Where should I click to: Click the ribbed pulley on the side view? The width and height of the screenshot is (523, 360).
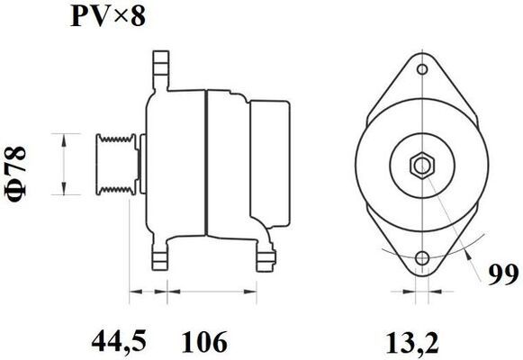[x=114, y=163]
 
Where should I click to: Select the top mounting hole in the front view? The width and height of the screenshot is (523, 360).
[x=420, y=68]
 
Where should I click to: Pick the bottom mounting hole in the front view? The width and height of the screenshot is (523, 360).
[x=420, y=260]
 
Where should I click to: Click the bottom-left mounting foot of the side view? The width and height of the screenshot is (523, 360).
[x=162, y=259]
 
